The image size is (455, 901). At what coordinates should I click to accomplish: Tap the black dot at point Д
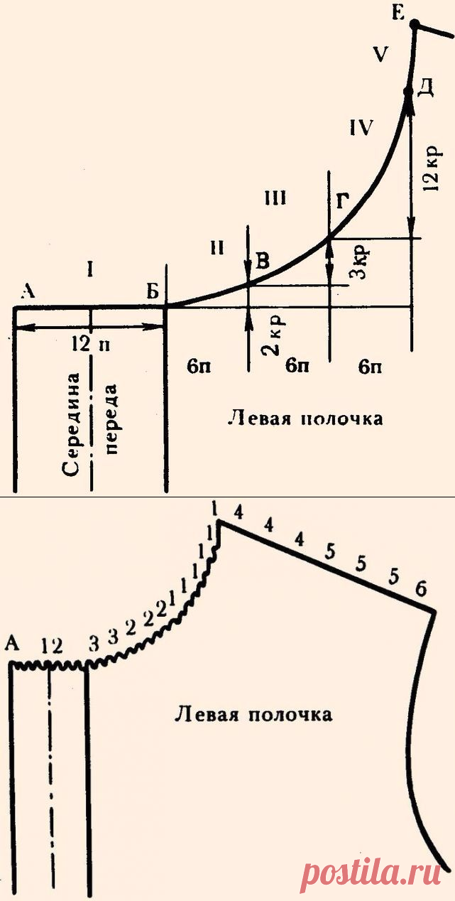[408, 92]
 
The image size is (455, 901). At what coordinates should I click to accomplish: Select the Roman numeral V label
[382, 55]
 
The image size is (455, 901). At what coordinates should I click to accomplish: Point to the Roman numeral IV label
[361, 128]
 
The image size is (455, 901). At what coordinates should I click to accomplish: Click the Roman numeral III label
[275, 198]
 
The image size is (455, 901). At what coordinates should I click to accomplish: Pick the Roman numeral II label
[218, 247]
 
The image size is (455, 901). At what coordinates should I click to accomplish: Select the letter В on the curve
[263, 262]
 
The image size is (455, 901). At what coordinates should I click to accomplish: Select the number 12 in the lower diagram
[53, 645]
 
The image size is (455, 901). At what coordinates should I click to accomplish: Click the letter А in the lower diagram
[12, 643]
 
